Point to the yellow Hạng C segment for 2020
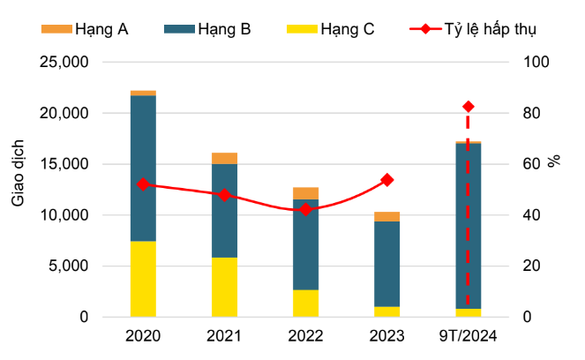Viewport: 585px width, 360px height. pos(143,279)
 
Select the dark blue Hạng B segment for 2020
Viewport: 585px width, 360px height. pos(143,168)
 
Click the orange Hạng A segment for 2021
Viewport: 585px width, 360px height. pos(224,159)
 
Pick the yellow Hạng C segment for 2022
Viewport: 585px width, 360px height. pos(305,303)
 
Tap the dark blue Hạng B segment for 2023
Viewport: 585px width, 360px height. pos(386,264)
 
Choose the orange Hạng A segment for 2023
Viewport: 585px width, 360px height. pos(386,217)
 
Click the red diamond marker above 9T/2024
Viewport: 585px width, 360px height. pos(468,107)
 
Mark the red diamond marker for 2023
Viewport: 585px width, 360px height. pos(386,180)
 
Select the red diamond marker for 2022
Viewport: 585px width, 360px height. pos(305,210)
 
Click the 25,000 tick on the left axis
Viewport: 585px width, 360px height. pos(64,63)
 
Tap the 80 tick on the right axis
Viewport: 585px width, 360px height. pos(536,114)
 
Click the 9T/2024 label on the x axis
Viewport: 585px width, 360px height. pos(468,336)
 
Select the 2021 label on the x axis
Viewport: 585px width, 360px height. pos(224,336)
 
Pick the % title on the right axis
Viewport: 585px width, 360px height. pos(554,161)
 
